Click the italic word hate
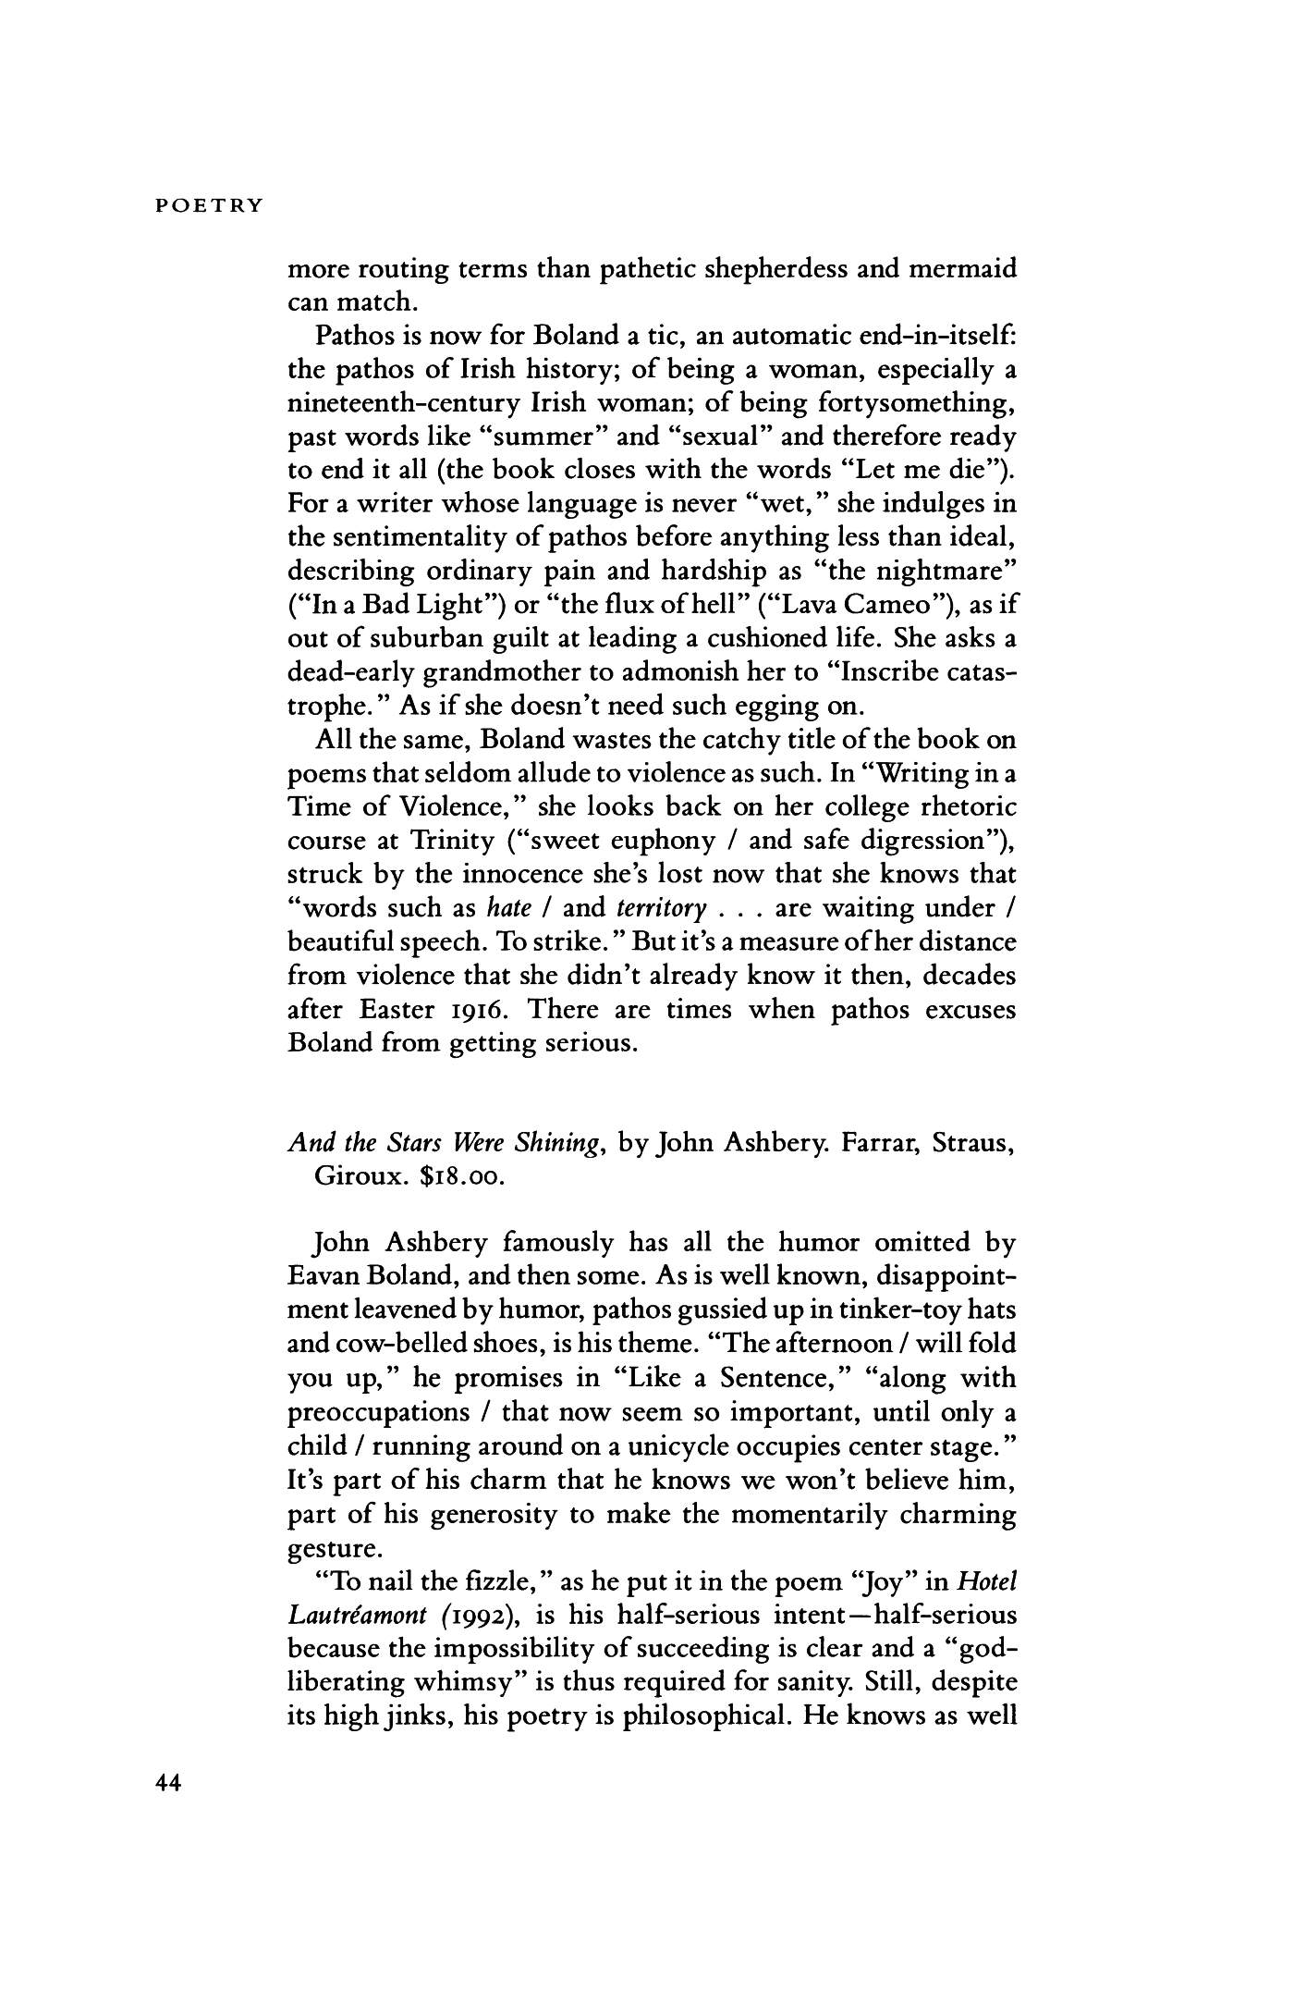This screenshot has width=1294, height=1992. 506,908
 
